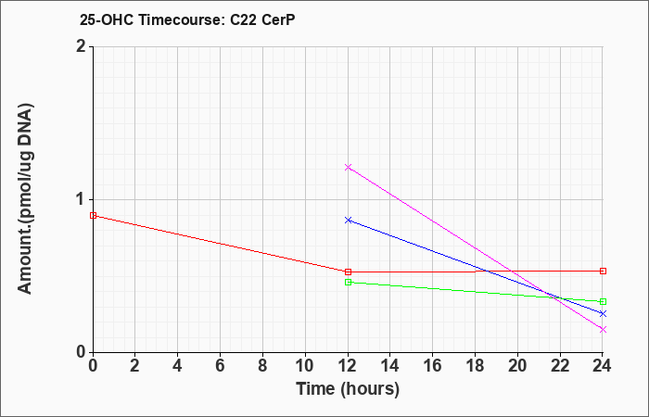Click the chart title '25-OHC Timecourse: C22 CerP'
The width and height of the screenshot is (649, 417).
click(175, 19)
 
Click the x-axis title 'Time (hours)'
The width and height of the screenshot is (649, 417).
click(348, 388)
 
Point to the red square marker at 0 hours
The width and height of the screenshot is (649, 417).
click(93, 215)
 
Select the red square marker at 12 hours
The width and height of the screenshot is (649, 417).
click(348, 272)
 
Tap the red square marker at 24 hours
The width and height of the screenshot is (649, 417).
click(603, 271)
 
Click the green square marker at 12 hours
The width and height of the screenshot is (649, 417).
click(348, 282)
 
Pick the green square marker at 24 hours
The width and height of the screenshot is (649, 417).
click(603, 301)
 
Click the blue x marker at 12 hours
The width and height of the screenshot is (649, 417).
click(348, 220)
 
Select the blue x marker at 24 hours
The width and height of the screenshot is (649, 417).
click(603, 313)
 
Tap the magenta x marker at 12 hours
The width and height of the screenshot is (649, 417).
click(348, 167)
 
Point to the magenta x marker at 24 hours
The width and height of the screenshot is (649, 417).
click(603, 329)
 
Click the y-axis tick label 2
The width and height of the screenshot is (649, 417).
click(81, 46)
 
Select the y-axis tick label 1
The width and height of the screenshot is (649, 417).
click(81, 199)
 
